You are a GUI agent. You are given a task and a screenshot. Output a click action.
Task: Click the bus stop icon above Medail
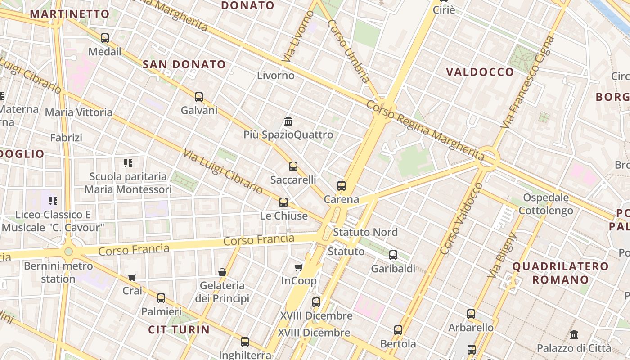tap(105, 38)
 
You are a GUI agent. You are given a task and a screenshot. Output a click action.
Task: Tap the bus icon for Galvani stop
tap(199, 97)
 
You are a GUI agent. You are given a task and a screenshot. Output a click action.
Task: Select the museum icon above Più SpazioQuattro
tap(288, 121)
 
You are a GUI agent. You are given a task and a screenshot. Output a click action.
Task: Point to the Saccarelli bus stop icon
tap(293, 166)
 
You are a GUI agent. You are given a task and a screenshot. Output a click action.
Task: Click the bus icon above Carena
tap(342, 186)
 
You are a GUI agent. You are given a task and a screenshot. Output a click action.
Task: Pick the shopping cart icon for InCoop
tap(298, 268)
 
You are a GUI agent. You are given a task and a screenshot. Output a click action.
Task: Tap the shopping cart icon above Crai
tap(132, 277)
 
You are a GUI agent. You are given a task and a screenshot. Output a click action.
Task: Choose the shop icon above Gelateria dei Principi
tap(222, 272)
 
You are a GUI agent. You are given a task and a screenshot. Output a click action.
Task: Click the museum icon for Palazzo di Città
tap(574, 335)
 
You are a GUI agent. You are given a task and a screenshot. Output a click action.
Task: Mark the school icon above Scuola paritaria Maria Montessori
tap(128, 163)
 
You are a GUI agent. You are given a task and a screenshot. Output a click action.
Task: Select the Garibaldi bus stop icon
tap(393, 255)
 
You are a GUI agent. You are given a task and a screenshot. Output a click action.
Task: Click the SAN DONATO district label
tap(184, 64)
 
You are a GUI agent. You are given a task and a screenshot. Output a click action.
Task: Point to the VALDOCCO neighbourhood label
tap(480, 72)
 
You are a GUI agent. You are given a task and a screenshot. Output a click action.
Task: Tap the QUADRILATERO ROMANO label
tap(560, 273)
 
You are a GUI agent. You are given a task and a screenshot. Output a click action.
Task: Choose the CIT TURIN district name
tap(179, 329)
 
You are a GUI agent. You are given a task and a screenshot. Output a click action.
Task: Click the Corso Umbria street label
tap(348, 51)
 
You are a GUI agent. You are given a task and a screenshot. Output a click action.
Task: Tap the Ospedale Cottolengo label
tap(546, 204)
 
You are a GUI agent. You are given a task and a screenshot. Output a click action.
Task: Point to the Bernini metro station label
tap(58, 272)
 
